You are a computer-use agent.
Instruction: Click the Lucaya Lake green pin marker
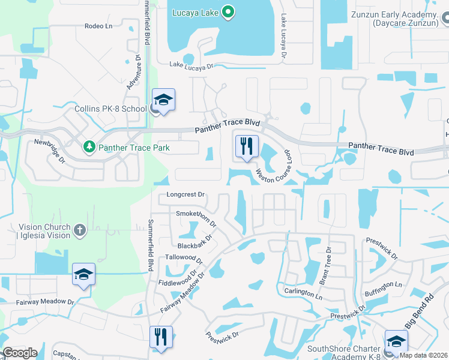pos(228,12)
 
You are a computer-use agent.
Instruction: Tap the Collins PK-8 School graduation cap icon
pos(163,100)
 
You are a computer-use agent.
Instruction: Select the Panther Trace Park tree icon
pos(89,146)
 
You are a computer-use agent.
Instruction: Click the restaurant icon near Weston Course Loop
pos(247,146)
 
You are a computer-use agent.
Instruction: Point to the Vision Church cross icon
pos(80,230)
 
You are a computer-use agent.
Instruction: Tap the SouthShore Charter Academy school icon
pos(396,341)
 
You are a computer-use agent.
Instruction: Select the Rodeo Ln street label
pos(98,26)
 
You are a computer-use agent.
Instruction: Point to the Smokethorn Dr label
pos(195,217)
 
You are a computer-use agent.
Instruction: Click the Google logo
pos(20,353)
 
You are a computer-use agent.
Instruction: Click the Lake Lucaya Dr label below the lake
pos(191,65)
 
